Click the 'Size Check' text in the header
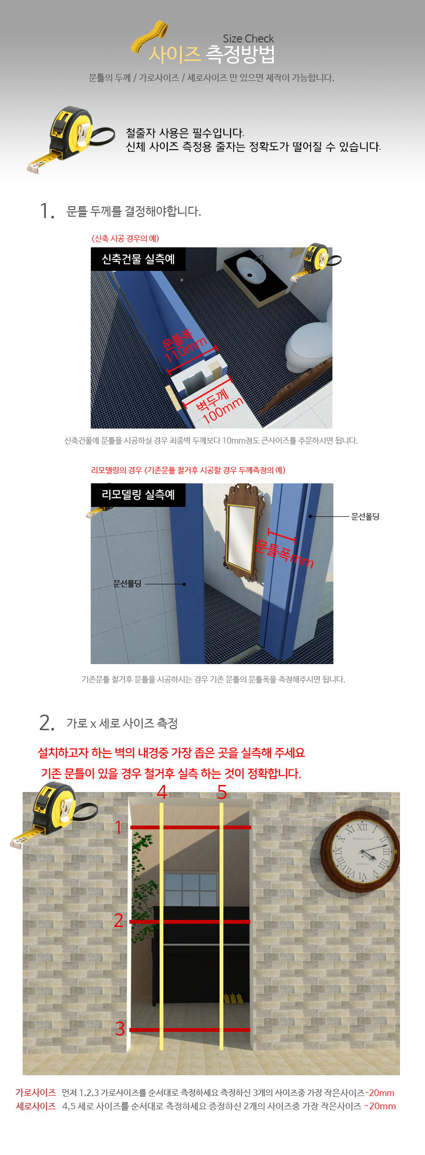(248, 39)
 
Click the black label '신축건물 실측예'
(138, 259)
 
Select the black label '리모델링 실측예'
(138, 495)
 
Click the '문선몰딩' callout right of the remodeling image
(365, 516)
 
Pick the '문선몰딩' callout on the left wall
(127, 584)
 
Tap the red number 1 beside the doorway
(119, 827)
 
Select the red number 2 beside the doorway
(119, 920)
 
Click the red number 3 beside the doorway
(120, 1029)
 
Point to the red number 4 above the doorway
(162, 792)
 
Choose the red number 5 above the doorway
(222, 792)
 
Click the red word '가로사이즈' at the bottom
(35, 1093)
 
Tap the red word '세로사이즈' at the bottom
(36, 1106)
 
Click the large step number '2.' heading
(47, 723)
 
